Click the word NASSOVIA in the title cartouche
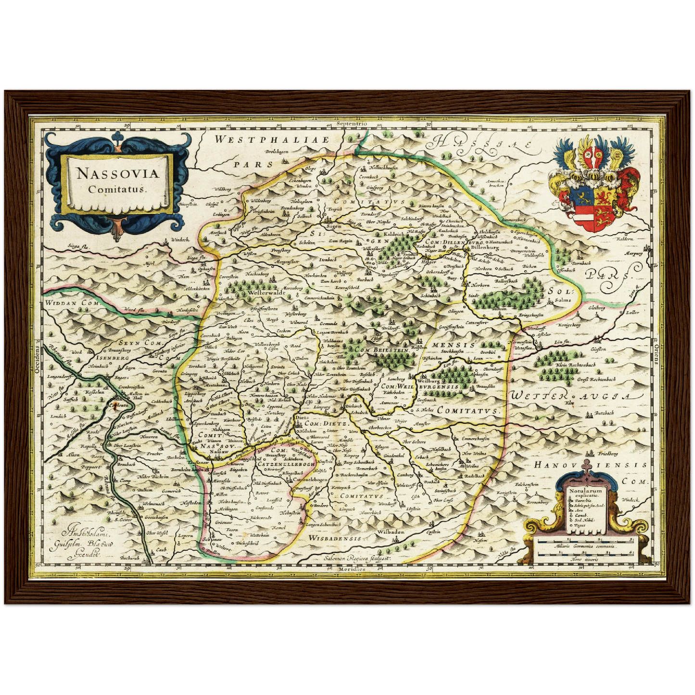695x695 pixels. (x=118, y=173)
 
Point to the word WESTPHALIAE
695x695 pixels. (x=272, y=140)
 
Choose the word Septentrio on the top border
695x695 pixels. (x=352, y=124)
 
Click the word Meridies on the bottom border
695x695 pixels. (x=352, y=569)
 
